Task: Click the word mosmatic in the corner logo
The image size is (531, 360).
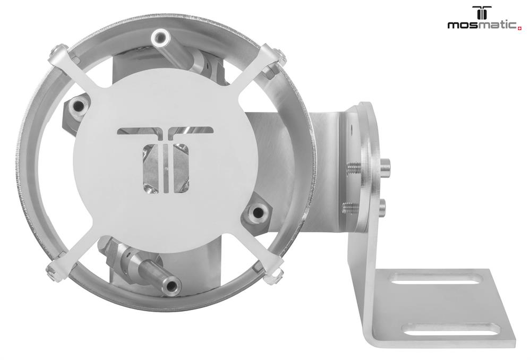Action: point(482,25)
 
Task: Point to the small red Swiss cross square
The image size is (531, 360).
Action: point(520,29)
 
